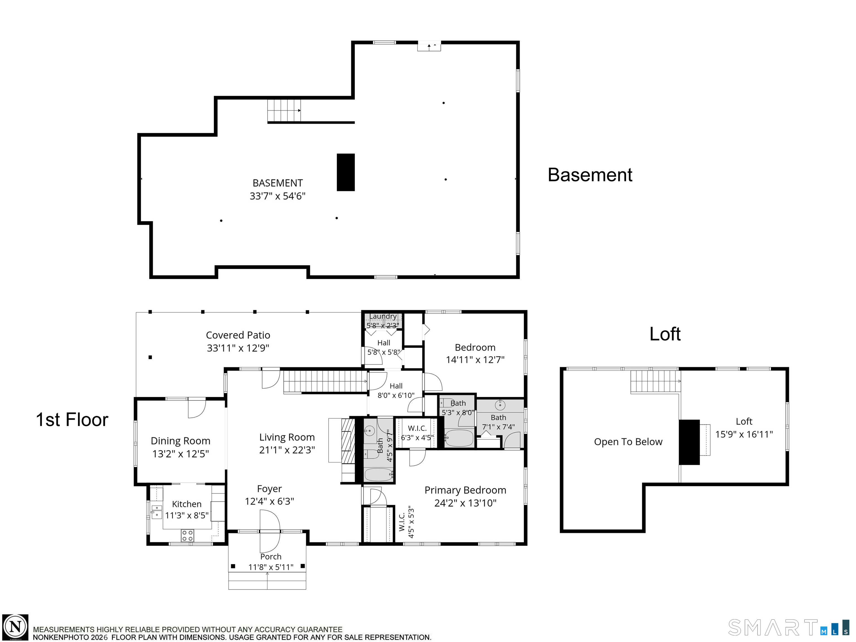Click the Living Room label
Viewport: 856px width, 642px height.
[287, 437]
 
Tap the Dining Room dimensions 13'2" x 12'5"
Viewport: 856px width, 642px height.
[181, 454]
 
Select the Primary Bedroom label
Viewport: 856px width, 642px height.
[465, 490]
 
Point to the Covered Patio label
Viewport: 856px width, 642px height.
[238, 335]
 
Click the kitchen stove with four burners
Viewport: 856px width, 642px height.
[188, 536]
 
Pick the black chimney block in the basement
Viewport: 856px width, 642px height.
[346, 172]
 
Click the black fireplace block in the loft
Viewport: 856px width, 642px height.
[689, 442]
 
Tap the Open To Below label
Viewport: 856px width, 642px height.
[628, 442]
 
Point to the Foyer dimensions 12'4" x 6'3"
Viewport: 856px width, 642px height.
[269, 501]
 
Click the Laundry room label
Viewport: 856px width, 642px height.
[383, 316]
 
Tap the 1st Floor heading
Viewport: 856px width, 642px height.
[72, 420]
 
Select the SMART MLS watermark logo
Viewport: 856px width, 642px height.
[789, 627]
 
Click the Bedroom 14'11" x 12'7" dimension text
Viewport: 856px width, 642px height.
[475, 360]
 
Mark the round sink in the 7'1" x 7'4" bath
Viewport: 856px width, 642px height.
[500, 405]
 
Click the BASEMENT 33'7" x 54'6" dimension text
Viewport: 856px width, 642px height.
[277, 196]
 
